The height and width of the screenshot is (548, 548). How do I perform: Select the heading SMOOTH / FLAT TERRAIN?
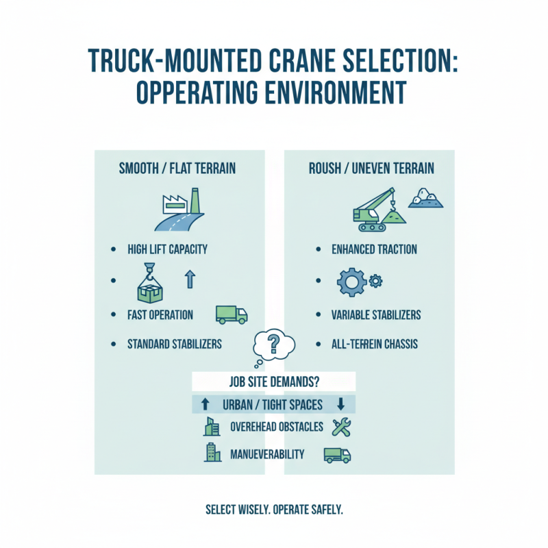click(x=178, y=168)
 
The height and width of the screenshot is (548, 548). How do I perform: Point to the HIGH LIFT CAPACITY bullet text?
click(x=168, y=249)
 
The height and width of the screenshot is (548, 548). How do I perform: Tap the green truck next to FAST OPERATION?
click(x=231, y=314)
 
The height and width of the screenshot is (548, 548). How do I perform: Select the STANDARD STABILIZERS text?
click(x=175, y=343)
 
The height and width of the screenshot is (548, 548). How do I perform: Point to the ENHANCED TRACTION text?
click(x=374, y=249)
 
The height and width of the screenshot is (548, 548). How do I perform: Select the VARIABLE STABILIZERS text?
click(x=377, y=315)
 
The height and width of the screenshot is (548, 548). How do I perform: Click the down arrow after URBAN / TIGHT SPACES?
click(x=340, y=404)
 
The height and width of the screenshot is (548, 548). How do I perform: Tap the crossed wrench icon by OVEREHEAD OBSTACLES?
click(x=340, y=427)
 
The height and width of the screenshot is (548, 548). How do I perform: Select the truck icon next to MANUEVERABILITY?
click(x=336, y=455)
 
